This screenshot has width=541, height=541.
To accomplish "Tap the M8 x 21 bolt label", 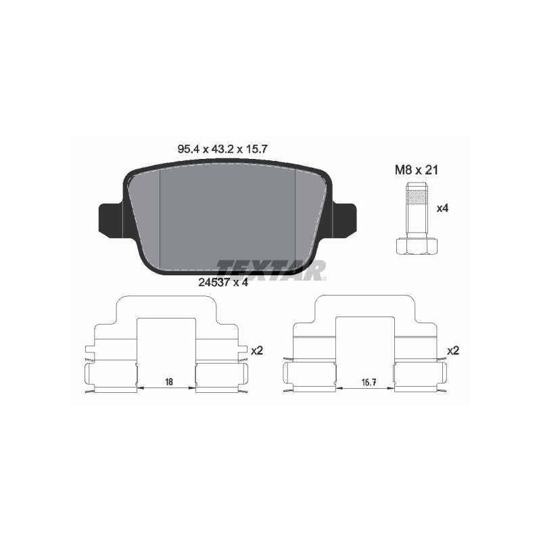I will [417, 170].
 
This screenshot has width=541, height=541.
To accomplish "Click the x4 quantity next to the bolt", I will [442, 208].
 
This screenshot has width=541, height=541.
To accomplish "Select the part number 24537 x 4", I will [223, 283].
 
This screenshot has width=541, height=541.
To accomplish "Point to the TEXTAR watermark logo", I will [271, 270].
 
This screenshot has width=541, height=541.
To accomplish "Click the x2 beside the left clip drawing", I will [256, 351].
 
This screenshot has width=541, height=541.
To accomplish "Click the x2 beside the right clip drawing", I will [453, 351].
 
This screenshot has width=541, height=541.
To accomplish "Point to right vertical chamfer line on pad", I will [297, 216].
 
